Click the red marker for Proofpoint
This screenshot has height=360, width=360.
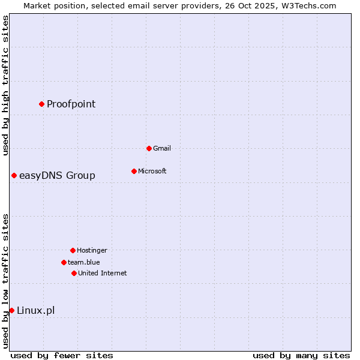pyautogui.click(x=41, y=104)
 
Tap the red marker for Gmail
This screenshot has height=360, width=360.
pyautogui.click(x=149, y=148)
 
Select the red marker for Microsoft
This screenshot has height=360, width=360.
pyautogui.click(x=134, y=171)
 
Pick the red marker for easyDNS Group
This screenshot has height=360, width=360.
pyautogui.click(x=14, y=175)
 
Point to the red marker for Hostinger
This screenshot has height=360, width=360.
pyautogui.click(x=73, y=250)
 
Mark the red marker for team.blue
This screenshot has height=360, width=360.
pyautogui.click(x=64, y=262)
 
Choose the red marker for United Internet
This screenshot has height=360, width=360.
pyautogui.click(x=74, y=273)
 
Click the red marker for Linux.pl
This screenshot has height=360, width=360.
pyautogui.click(x=11, y=310)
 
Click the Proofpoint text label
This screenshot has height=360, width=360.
pyautogui.click(x=71, y=104)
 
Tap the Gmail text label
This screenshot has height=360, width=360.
pyautogui.click(x=162, y=148)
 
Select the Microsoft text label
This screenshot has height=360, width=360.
pyautogui.click(x=152, y=171)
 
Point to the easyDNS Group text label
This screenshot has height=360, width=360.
pyautogui.click(x=57, y=175)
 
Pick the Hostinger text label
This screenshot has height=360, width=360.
pyautogui.click(x=92, y=250)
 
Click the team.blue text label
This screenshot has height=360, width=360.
pyautogui.click(x=83, y=262)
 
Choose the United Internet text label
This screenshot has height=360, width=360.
pyautogui.click(x=102, y=273)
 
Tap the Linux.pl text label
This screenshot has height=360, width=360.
pyautogui.click(x=35, y=310)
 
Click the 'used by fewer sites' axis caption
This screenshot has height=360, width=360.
pyautogui.click(x=62, y=355)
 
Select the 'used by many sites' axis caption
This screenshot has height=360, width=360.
pyautogui.click(x=301, y=355)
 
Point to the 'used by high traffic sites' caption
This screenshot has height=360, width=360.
pyautogui.click(x=5, y=85)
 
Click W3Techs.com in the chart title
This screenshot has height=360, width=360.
pyautogui.click(x=305, y=5)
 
